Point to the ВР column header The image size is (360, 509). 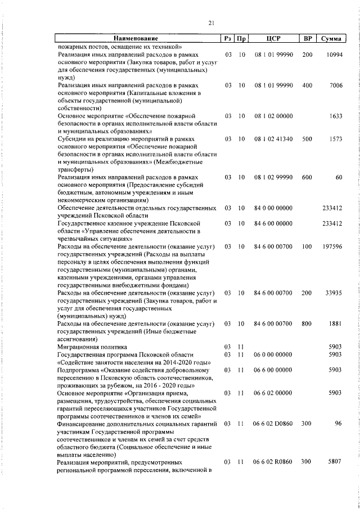307,38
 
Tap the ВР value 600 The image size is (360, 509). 307,177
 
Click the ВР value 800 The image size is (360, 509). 307,324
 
